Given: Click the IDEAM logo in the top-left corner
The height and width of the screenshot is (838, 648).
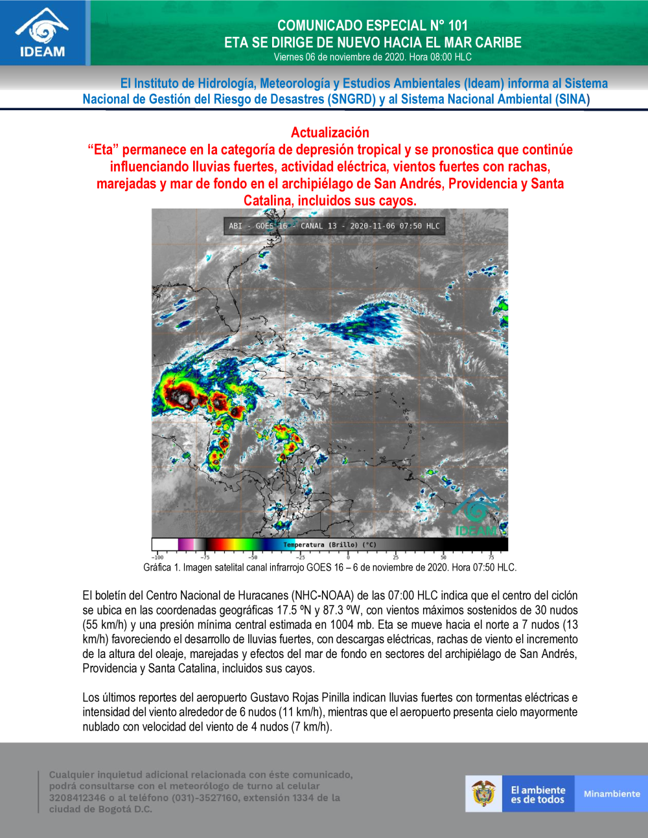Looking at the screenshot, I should click(43, 33).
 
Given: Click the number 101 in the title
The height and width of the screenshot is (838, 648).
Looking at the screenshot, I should click(457, 25).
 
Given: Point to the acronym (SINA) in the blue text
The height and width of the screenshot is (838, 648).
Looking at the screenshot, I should click(572, 99).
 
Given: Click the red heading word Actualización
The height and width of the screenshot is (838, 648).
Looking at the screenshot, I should click(330, 133).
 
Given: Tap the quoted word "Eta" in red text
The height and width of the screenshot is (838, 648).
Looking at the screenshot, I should click(103, 150).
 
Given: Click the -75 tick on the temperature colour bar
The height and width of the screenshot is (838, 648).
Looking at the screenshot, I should click(205, 556).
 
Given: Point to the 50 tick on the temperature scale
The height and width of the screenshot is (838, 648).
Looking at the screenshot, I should click(443, 556).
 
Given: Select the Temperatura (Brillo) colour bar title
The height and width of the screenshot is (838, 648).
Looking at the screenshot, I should click(330, 545).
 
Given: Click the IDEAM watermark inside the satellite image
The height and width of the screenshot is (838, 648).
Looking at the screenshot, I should click(476, 515).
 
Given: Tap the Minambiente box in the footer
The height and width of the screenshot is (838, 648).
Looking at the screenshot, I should click(611, 793).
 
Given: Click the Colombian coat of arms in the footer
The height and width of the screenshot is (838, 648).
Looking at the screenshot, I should click(483, 793).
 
